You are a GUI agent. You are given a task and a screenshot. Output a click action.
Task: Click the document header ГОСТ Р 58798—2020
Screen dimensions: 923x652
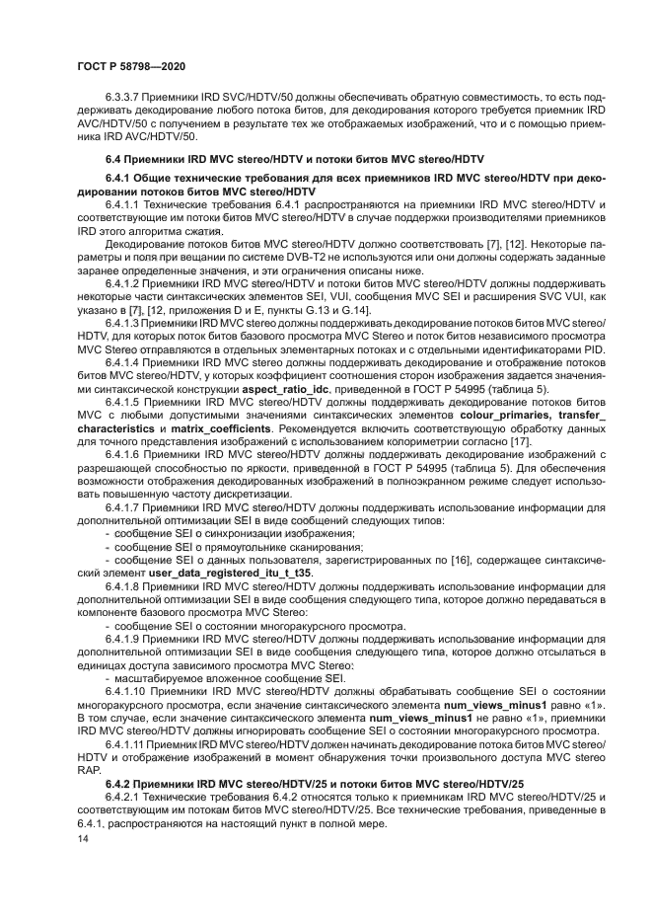pos(131,65)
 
